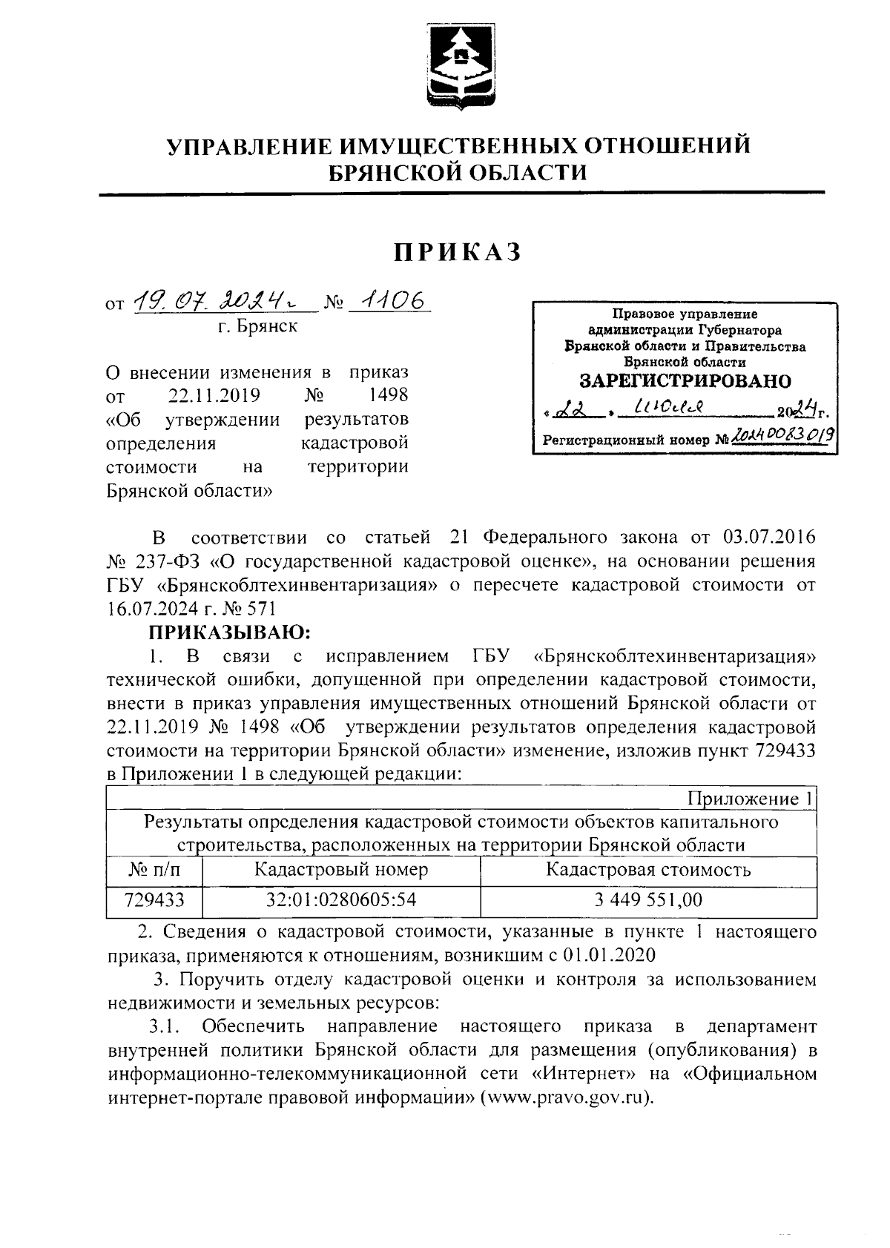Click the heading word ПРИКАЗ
(458, 253)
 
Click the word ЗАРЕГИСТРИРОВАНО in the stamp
(685, 381)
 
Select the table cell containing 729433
(154, 900)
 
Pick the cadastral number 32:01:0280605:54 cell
(341, 900)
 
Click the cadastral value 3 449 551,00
(647, 900)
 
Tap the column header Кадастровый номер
(341, 870)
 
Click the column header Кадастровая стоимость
(647, 870)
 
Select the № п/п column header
(154, 870)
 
